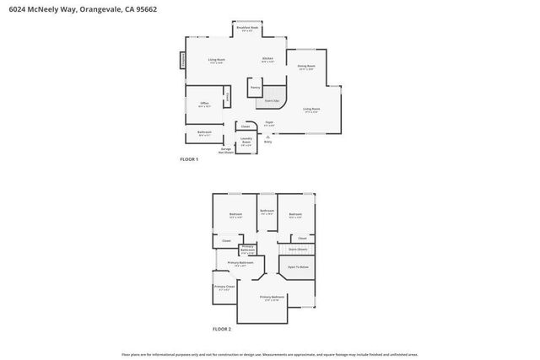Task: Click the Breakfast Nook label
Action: pos(248,29)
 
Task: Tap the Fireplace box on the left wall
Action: pos(181,61)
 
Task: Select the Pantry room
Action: pos(254,87)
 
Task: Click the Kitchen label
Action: pos(267,60)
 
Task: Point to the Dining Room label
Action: pos(306,67)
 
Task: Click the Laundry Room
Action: pos(246,142)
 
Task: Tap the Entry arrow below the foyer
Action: pos(267,139)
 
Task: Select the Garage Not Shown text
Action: pos(226,151)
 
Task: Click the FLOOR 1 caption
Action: pos(189,159)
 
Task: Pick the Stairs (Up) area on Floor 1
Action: pos(273,100)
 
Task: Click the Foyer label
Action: pos(269,123)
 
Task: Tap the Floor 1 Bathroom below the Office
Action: pos(204,133)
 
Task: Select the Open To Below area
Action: pos(297,266)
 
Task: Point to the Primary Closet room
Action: pos(224,289)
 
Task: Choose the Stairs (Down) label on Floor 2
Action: pos(297,250)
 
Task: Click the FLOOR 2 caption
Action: pos(222,328)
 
